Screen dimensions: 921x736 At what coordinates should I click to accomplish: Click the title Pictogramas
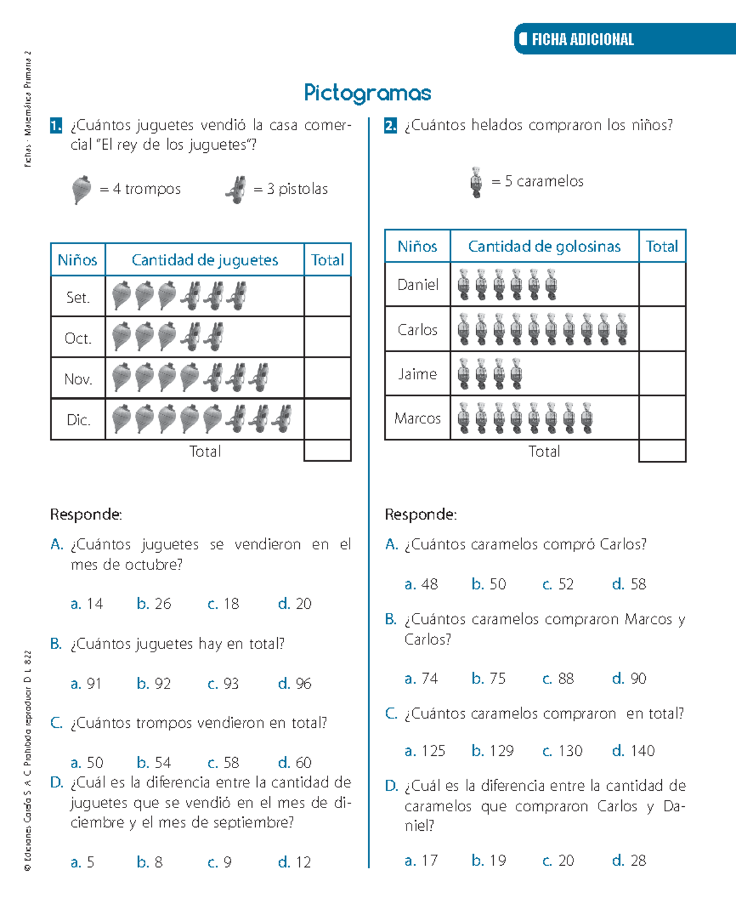pyautogui.click(x=367, y=93)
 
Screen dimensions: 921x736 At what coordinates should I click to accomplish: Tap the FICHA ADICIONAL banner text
pyautogui.click(x=582, y=40)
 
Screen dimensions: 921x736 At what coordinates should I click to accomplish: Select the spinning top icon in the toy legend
pyautogui.click(x=82, y=189)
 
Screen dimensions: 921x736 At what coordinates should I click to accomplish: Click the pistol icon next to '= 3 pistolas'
pyautogui.click(x=236, y=189)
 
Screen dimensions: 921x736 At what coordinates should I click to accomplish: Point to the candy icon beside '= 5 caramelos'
pyautogui.click(x=476, y=182)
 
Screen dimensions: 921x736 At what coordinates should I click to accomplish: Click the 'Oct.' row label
pyautogui.click(x=78, y=338)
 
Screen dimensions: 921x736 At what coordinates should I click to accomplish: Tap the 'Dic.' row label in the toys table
pyautogui.click(x=78, y=420)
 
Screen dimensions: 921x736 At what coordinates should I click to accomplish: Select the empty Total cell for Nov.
pyautogui.click(x=328, y=379)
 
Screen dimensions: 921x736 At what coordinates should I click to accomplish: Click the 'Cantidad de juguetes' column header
pyautogui.click(x=205, y=260)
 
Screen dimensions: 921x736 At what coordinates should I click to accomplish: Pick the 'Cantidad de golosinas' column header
pyautogui.click(x=544, y=247)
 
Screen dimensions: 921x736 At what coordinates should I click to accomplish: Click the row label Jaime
pyautogui.click(x=417, y=374)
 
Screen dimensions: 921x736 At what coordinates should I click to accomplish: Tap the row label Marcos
pyautogui.click(x=417, y=418)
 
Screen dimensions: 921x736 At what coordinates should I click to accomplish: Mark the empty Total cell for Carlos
pyautogui.click(x=662, y=329)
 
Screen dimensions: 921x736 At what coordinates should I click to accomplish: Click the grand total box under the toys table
pyautogui.click(x=328, y=451)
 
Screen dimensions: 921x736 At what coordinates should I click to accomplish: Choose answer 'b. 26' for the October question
pyautogui.click(x=154, y=604)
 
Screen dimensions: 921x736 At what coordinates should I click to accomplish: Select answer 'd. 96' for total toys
pyautogui.click(x=295, y=684)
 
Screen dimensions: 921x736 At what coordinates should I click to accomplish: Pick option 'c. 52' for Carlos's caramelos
pyautogui.click(x=558, y=584)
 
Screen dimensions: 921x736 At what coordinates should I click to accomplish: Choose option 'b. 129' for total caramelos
pyautogui.click(x=493, y=751)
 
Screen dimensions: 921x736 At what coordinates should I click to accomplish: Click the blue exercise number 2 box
pyautogui.click(x=391, y=126)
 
